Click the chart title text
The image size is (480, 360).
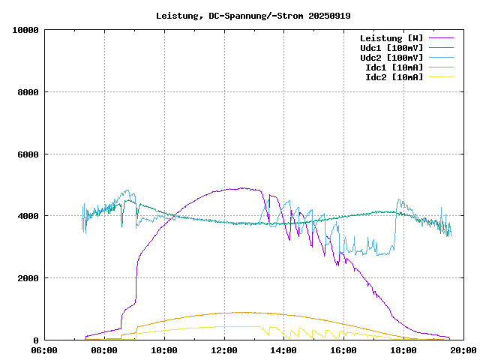[x=253, y=15]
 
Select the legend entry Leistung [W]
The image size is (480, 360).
[x=391, y=37]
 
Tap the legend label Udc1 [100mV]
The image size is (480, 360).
[x=391, y=47]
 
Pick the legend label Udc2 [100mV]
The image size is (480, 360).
[x=391, y=57]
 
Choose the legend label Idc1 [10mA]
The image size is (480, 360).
[x=394, y=67]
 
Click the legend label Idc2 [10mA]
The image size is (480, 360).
[x=394, y=76]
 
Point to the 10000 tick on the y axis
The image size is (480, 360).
[x=26, y=30]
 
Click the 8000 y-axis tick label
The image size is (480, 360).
[x=28, y=92]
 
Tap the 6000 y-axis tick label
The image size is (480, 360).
[x=28, y=154]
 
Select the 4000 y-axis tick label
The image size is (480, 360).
[x=28, y=216]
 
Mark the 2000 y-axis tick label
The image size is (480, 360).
[x=28, y=278]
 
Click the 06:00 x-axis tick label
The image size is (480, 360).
[x=44, y=349]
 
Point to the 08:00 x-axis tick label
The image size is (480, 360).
[x=104, y=349]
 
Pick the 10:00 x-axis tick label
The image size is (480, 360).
[x=164, y=349]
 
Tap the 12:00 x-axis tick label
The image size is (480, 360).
[x=224, y=349]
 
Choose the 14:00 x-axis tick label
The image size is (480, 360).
[x=284, y=349]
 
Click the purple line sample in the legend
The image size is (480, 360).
[x=442, y=37]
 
